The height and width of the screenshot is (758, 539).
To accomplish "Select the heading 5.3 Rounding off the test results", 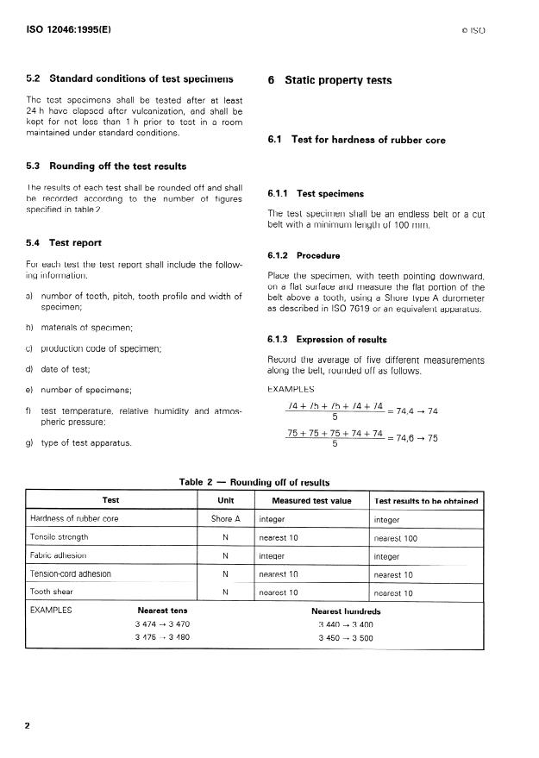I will tap(106, 166).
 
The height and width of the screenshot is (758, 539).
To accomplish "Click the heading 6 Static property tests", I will tap(329, 80).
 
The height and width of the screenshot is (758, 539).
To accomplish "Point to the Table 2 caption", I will tap(254, 482).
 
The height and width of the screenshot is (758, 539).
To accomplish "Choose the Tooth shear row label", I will tap(53, 592).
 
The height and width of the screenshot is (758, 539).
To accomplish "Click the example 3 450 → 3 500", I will tap(345, 638).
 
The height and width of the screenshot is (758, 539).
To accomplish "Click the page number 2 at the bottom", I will tap(28, 726).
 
